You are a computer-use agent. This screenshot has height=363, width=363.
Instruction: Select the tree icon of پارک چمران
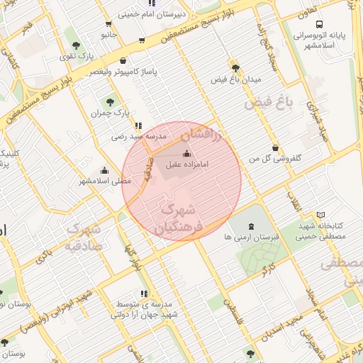point(110,101)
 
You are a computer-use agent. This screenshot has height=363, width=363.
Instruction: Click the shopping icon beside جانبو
point(143,40)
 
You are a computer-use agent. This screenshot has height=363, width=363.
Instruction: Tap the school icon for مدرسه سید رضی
point(138,125)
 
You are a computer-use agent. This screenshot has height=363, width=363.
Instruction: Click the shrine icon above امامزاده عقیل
point(186,153)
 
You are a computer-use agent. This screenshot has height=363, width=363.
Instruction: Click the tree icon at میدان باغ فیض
point(235,69)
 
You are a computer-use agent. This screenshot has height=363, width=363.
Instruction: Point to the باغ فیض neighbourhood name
point(269,104)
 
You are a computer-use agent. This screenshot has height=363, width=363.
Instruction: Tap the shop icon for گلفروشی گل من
point(275,147)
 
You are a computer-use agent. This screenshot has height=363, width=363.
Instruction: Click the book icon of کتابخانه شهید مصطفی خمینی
point(321,215)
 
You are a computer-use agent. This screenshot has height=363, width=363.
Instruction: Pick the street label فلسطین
point(230,307)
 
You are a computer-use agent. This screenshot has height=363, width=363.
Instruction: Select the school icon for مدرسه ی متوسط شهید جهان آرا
point(145,294)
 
